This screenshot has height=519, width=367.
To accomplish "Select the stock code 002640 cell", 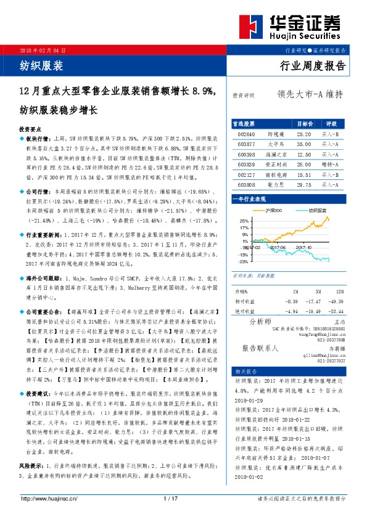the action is (x=246, y=133).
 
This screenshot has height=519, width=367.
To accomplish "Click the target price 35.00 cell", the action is (x=303, y=144).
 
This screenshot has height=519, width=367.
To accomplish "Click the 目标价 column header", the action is (x=304, y=123).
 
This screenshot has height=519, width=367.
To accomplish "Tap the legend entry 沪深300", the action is (x=274, y=211).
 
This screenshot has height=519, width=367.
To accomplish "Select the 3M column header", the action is (x=317, y=290).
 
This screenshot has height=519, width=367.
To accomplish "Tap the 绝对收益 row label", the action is (x=245, y=310).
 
